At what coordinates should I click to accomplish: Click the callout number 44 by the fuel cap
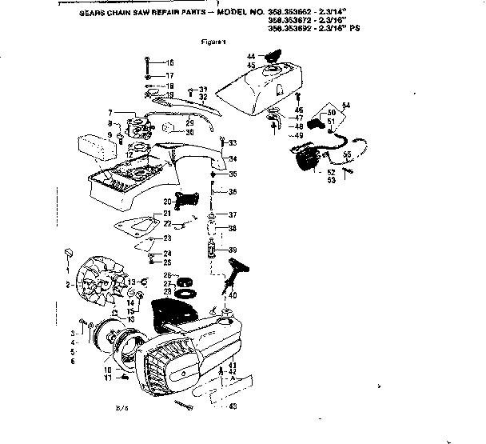250,56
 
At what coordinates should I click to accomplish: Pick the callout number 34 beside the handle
233,158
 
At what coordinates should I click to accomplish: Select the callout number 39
233,250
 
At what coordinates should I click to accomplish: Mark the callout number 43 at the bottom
233,407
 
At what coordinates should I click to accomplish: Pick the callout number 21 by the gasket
166,214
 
